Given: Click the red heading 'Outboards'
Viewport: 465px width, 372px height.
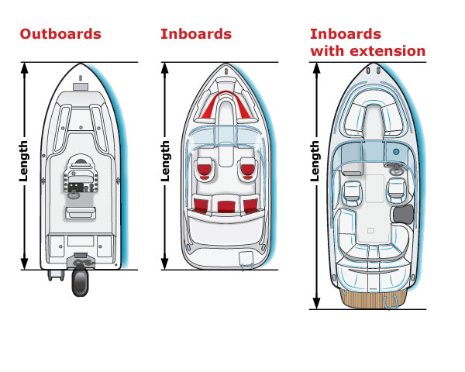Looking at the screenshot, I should tap(60, 34).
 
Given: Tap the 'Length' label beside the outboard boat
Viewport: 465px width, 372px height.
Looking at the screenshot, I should tap(24, 162).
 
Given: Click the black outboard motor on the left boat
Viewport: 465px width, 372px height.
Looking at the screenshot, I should tap(79, 281).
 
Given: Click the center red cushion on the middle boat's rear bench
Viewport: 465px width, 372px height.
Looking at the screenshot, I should tap(226, 206).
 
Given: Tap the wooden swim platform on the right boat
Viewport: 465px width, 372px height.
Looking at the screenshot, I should tap(374, 295).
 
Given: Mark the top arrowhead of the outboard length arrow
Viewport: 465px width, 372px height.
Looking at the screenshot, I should tap(25, 68).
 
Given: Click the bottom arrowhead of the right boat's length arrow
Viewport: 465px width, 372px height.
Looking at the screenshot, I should tap(315, 302).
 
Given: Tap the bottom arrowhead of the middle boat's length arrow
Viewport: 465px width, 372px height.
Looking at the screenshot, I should tap(165, 263).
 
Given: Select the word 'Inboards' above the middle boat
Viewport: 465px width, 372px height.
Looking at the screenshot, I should tap(196, 34).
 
